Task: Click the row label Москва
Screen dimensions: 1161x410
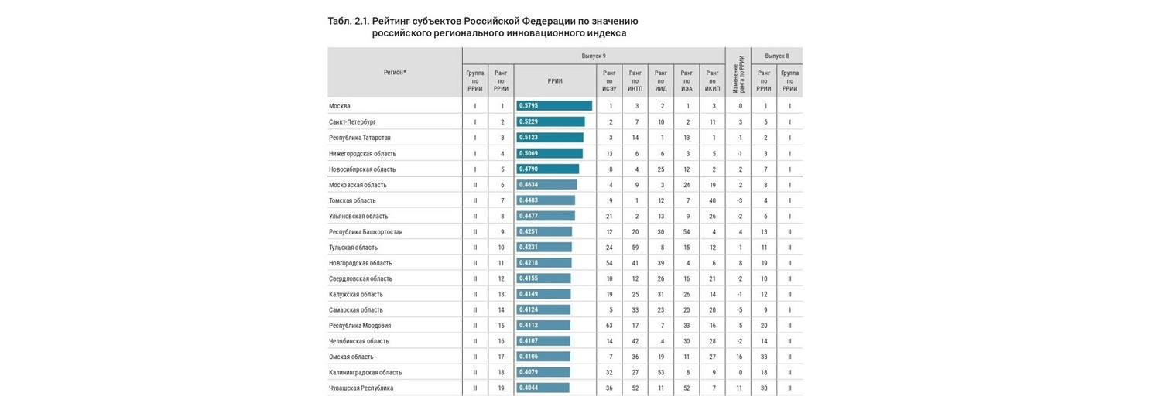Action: click(340, 106)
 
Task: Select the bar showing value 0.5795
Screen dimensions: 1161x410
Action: click(554, 106)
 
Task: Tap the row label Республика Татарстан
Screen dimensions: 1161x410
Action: click(360, 138)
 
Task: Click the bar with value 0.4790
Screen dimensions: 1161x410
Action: click(547, 169)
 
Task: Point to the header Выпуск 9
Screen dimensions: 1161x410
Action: click(594, 56)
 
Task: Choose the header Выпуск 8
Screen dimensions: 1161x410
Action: click(777, 56)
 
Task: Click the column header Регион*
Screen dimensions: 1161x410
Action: click(395, 73)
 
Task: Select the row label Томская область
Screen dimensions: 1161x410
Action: click(352, 200)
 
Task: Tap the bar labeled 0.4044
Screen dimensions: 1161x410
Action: click(543, 388)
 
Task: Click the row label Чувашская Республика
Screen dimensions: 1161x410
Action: click(361, 388)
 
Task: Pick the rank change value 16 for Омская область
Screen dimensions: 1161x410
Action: click(739, 357)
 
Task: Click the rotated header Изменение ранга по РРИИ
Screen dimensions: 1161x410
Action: click(738, 74)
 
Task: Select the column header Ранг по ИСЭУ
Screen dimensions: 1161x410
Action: click(610, 81)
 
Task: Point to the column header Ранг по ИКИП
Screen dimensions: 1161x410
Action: click(712, 81)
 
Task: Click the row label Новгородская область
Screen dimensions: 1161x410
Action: click(360, 263)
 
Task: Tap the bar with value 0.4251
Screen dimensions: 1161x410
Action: click(544, 232)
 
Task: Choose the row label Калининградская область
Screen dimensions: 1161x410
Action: click(365, 372)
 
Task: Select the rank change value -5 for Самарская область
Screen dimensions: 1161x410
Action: click(740, 310)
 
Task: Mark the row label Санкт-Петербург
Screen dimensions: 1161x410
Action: click(352, 121)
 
